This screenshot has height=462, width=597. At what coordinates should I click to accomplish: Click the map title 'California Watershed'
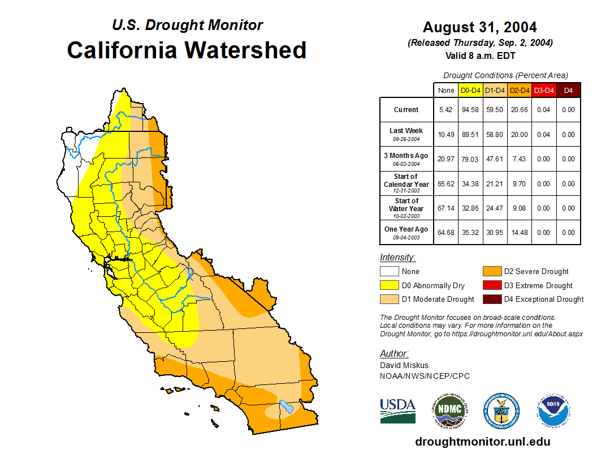(x=187, y=50)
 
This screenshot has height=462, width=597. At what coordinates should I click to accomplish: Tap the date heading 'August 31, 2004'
(x=479, y=27)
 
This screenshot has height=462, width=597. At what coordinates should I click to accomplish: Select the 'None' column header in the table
(x=446, y=90)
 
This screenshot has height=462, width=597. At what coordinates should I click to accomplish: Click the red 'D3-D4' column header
(x=544, y=90)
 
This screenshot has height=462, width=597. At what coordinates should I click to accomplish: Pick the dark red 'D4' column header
(x=568, y=90)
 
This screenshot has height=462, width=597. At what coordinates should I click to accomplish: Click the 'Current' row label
(x=406, y=110)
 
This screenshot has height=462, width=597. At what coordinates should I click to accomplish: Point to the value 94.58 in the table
(x=470, y=110)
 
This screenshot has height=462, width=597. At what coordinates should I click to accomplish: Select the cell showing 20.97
(x=446, y=159)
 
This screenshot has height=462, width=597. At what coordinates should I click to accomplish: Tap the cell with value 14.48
(x=519, y=233)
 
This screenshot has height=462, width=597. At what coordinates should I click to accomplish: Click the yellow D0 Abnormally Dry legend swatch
(x=389, y=285)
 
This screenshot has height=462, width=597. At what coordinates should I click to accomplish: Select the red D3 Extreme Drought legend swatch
(x=492, y=285)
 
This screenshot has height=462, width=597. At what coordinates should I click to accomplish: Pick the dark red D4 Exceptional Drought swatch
(x=492, y=299)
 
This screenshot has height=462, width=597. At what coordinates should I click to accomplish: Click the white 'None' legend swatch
(x=389, y=272)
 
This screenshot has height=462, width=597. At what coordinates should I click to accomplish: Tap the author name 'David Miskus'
(x=404, y=365)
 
